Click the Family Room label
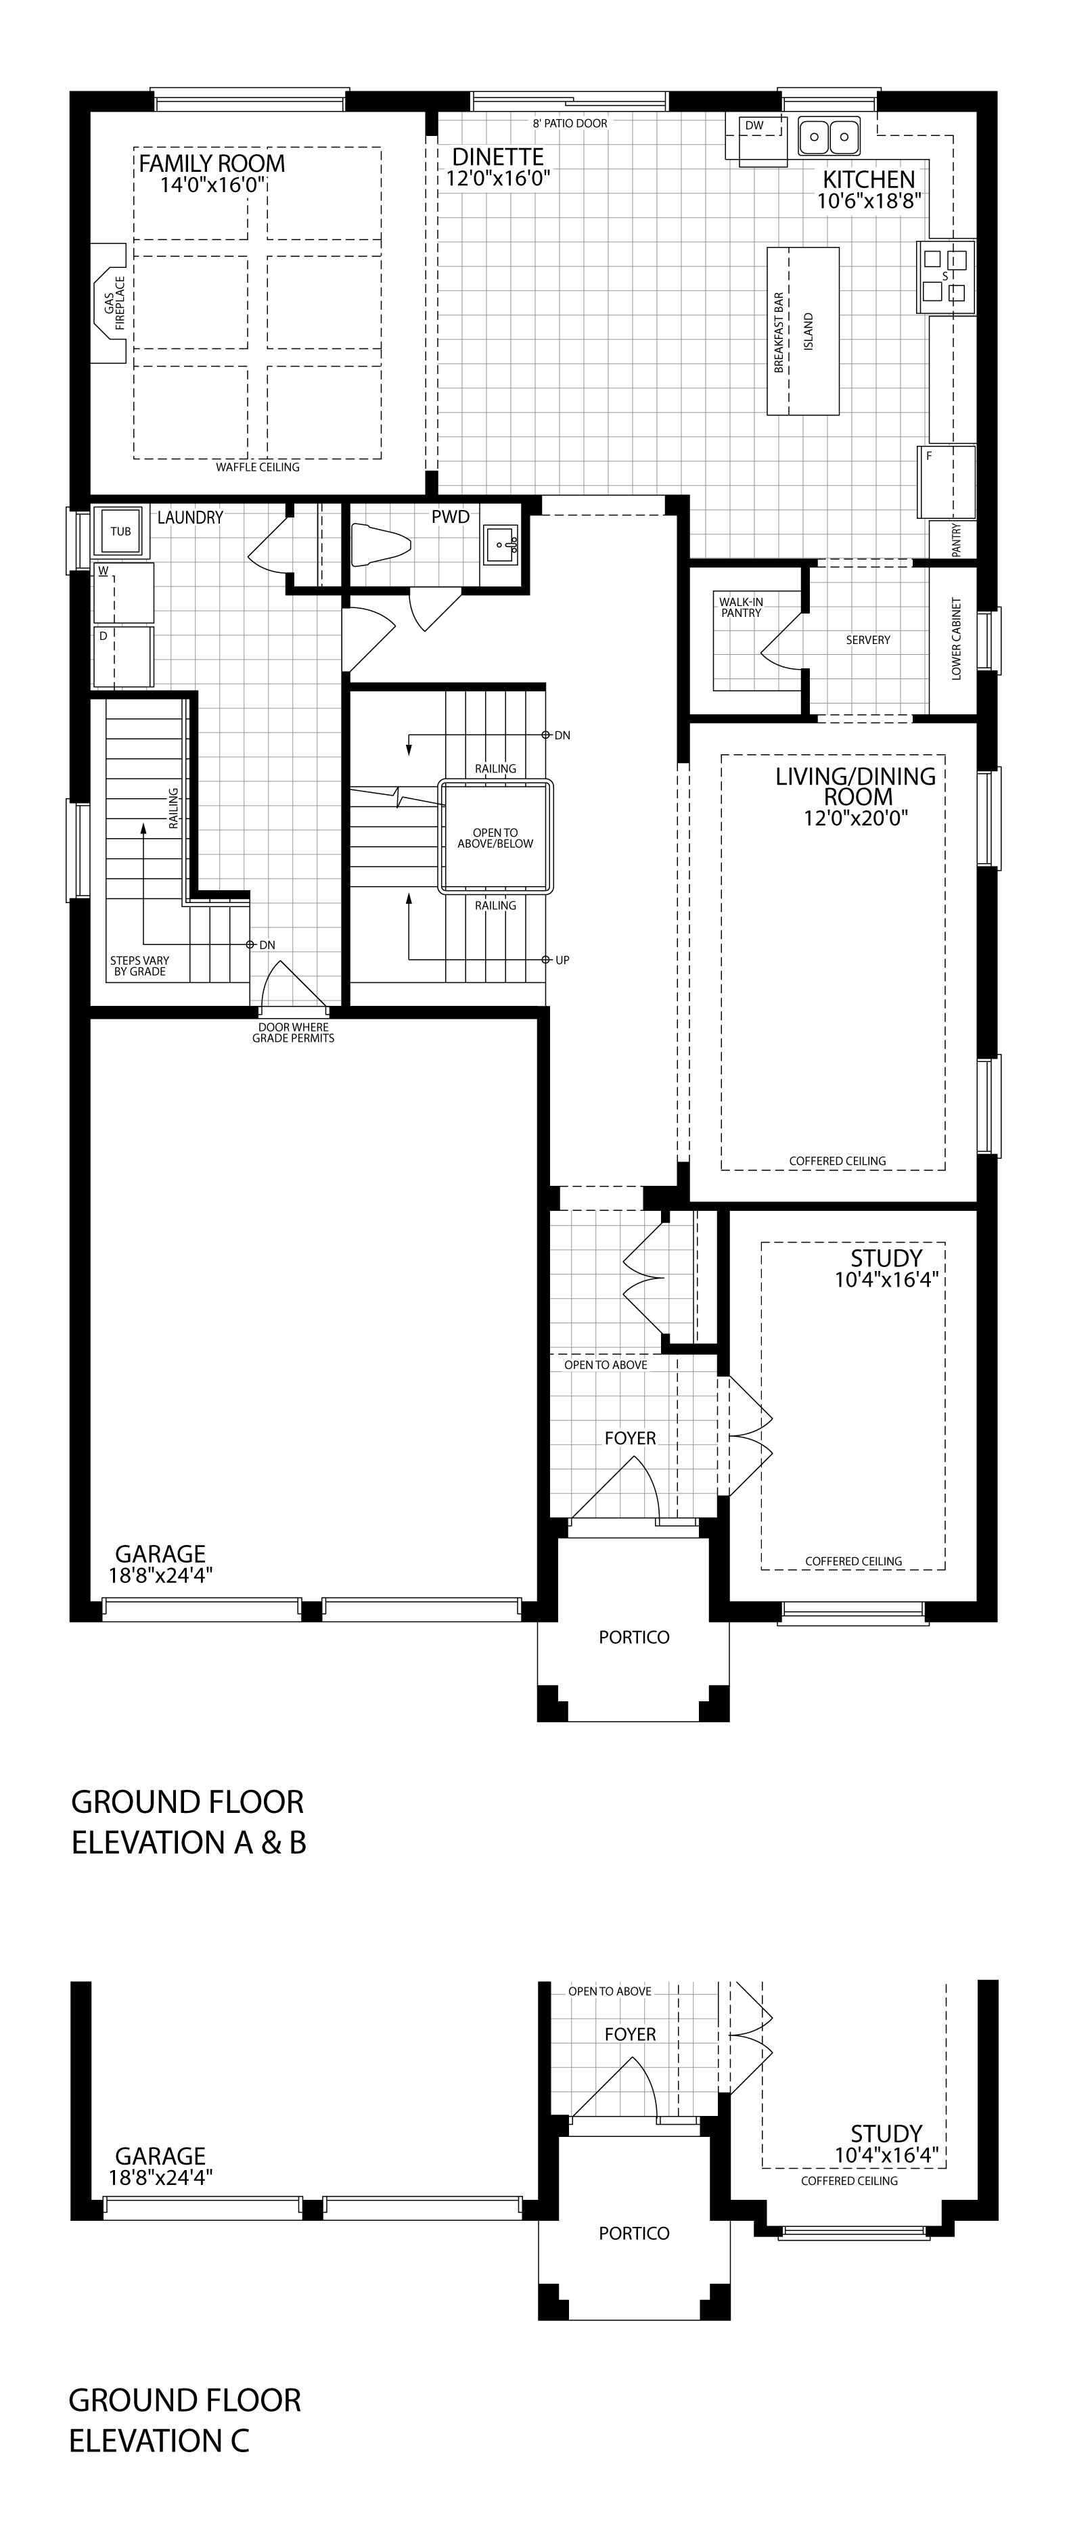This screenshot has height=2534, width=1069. click(x=212, y=163)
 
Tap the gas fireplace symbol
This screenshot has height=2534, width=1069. click(x=110, y=301)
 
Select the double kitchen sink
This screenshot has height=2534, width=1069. click(x=828, y=136)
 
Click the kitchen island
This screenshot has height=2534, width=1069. click(x=804, y=331)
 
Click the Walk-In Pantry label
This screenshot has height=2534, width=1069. click(x=741, y=607)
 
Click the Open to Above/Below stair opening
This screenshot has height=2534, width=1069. click(x=496, y=838)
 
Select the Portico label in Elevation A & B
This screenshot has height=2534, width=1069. click(x=635, y=1637)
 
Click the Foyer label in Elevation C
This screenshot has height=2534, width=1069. click(x=631, y=2034)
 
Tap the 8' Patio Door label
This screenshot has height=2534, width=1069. click(x=570, y=124)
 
